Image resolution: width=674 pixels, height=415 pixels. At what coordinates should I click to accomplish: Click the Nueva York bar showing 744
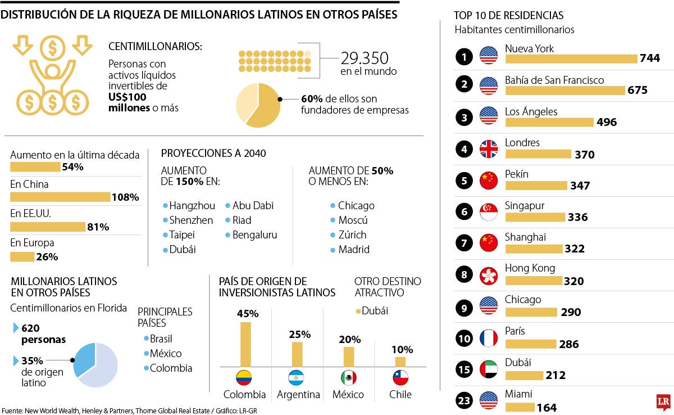(x=571, y=58)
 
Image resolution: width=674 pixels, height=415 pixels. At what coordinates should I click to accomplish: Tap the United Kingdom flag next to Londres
(x=489, y=149)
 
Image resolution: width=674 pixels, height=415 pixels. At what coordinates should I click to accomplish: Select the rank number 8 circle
(x=464, y=275)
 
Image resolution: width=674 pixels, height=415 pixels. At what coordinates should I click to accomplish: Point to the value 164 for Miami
(x=547, y=408)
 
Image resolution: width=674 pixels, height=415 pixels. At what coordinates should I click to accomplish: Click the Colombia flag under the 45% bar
(x=244, y=377)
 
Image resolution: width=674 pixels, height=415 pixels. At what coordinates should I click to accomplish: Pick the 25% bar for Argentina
(x=297, y=354)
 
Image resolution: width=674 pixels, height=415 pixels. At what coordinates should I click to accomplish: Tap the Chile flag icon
(x=400, y=377)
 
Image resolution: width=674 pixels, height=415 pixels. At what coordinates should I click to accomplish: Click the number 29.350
(x=365, y=58)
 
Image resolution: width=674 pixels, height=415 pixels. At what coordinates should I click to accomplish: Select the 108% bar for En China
(x=60, y=197)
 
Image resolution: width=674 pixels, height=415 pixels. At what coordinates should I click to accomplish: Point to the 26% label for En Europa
(x=47, y=257)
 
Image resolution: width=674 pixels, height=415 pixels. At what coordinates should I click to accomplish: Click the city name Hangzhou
(x=192, y=206)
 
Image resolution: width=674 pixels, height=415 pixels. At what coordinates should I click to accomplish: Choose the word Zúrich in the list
(x=352, y=235)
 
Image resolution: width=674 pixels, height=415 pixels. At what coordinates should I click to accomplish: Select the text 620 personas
(x=43, y=333)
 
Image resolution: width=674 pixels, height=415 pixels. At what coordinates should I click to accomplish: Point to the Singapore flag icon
(x=489, y=212)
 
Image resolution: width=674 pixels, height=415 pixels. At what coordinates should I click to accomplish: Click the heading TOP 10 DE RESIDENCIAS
(x=508, y=16)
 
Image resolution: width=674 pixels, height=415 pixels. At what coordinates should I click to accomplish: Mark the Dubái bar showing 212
(x=524, y=375)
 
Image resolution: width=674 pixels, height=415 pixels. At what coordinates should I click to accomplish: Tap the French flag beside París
(x=489, y=338)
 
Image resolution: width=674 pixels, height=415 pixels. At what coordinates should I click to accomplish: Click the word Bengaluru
(x=254, y=235)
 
